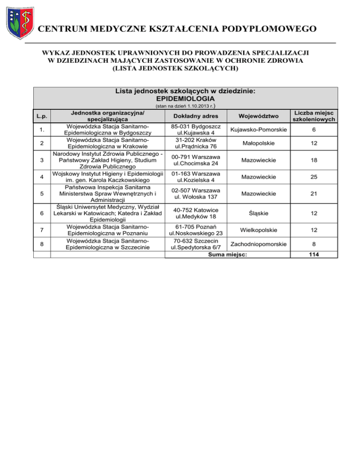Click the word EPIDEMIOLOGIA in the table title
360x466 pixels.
[185, 99]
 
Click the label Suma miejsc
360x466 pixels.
[227, 254]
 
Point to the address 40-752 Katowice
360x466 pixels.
[194, 210]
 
